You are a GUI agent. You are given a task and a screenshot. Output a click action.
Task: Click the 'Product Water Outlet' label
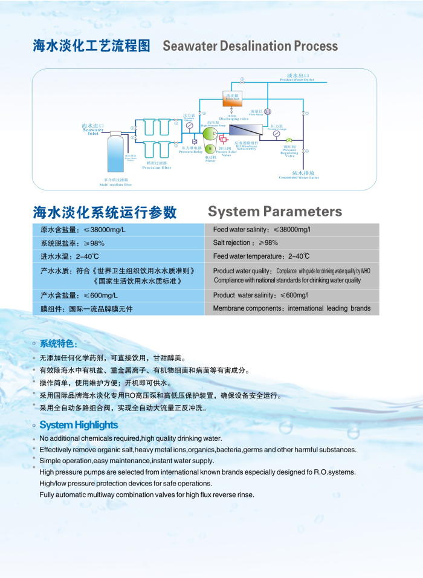click(x=297, y=78)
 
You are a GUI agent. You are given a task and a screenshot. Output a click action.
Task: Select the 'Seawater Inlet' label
click(x=93, y=130)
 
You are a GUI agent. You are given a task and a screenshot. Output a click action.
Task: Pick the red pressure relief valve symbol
click(x=223, y=140)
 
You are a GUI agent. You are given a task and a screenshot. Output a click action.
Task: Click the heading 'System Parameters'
click(x=275, y=212)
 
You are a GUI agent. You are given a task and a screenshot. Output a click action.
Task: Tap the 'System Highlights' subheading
click(x=79, y=425)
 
